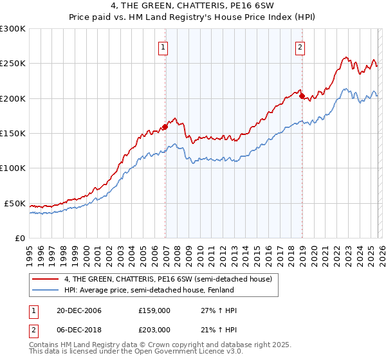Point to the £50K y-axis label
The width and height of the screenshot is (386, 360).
click(15, 203)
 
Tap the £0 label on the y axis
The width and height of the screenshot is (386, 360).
click(19, 238)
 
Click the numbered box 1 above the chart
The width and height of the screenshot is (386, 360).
click(163, 46)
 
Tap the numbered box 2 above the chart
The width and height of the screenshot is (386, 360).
click(300, 46)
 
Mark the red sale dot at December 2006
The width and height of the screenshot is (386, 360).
click(165, 127)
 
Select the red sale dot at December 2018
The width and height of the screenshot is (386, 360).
click(302, 96)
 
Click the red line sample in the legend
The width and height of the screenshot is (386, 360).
click(46, 279)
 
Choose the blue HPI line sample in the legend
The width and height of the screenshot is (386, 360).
click(46, 291)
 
